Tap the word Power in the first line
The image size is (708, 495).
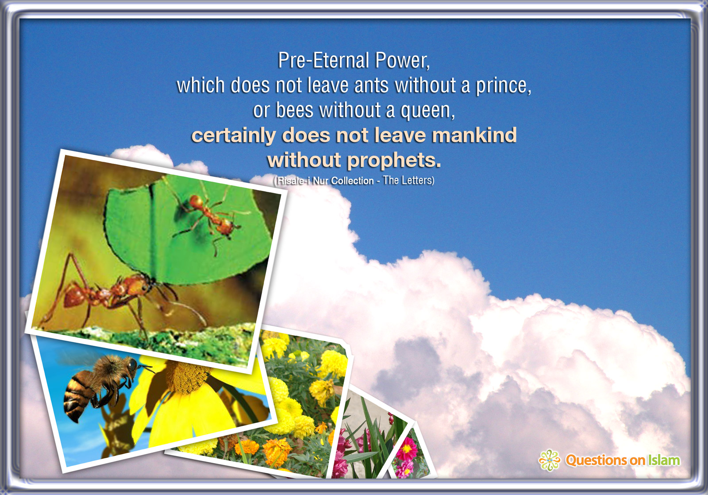click(402, 61)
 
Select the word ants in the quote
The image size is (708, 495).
click(371, 85)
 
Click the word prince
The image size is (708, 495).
click(504, 86)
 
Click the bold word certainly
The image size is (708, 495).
click(234, 135)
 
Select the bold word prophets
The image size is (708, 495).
click(394, 161)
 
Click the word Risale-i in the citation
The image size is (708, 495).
click(294, 181)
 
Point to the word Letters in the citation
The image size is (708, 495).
click(417, 180)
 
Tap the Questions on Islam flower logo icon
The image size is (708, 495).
click(550, 460)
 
